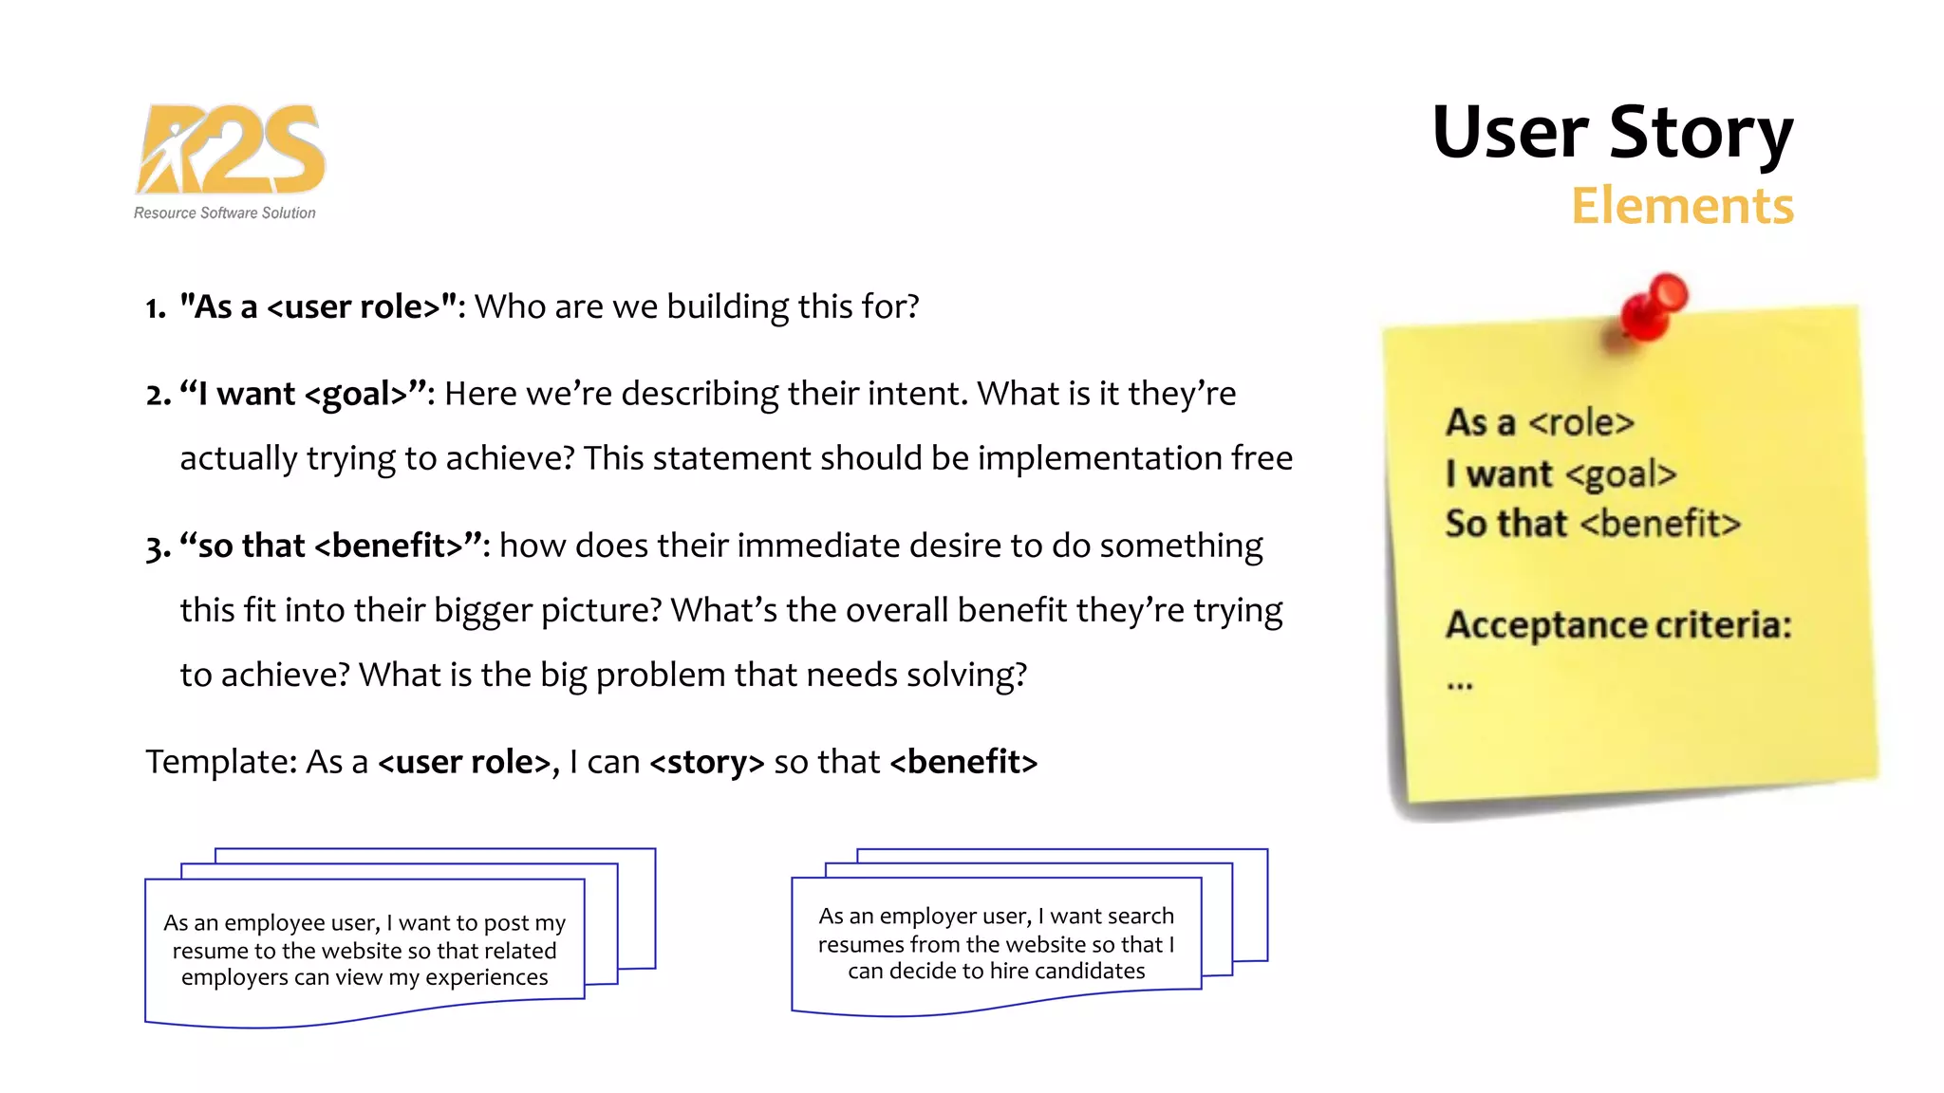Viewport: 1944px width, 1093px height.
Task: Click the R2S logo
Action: pyautogui.click(x=231, y=149)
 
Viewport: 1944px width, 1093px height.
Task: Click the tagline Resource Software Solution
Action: pyautogui.click(x=224, y=213)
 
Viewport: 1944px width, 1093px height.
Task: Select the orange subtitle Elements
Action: pyautogui.click(x=1681, y=206)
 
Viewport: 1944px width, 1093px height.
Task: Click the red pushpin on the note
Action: pyautogui.click(x=1653, y=306)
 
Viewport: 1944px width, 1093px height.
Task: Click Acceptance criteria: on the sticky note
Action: pyautogui.click(x=1617, y=625)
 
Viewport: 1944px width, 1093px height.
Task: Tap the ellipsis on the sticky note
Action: pyautogui.click(x=1460, y=684)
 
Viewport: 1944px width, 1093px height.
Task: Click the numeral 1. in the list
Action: pyautogui.click(x=156, y=308)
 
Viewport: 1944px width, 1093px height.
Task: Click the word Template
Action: pyautogui.click(x=220, y=762)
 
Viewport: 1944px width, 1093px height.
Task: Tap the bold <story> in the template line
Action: pyautogui.click(x=706, y=762)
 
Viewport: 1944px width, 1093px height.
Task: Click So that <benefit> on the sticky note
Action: pyautogui.click(x=1592, y=524)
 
